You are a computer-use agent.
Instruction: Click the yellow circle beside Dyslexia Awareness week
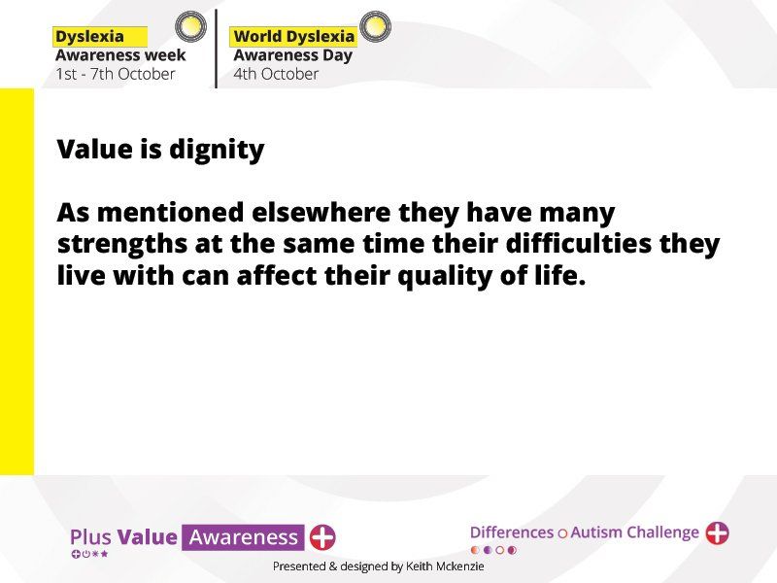(190, 26)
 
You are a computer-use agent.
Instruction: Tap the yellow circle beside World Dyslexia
(375, 26)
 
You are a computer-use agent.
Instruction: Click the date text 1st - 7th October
(116, 74)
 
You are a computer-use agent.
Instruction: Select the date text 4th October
(276, 74)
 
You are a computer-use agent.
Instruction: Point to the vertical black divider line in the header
(216, 49)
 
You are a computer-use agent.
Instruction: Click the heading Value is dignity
(160, 149)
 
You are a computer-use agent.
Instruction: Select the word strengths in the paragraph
(122, 244)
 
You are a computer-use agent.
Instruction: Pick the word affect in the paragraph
(277, 275)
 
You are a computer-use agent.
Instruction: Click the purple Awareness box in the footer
(244, 537)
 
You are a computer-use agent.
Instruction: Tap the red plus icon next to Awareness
(322, 537)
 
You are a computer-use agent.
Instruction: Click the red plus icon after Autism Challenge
(717, 532)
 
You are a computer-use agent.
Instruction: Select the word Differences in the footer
(512, 532)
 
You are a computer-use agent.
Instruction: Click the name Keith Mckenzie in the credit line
(445, 566)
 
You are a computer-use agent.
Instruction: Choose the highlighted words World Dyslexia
(294, 36)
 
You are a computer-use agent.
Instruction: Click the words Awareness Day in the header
(293, 55)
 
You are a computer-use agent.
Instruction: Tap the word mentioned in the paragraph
(171, 212)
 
